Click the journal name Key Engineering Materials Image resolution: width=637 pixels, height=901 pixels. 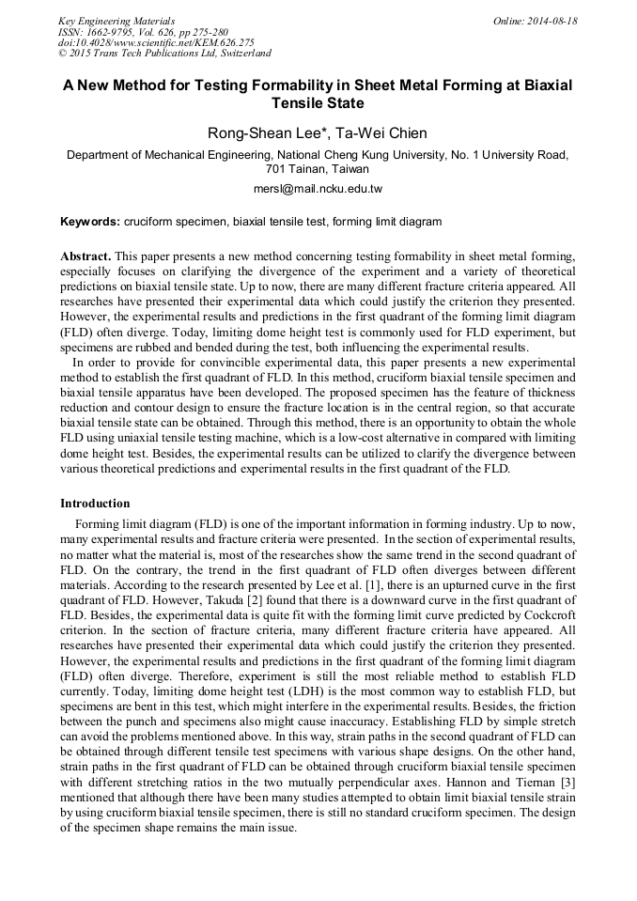coord(116,21)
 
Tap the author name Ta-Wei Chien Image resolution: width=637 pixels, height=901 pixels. coord(375,133)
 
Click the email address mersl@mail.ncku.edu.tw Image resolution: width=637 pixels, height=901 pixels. coord(318,189)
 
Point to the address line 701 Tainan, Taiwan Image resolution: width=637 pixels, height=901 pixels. coord(318,169)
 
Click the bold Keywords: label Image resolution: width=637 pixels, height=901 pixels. coord(90,223)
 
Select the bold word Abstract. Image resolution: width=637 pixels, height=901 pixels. coord(85,256)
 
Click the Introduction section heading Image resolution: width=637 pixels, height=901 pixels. coord(95,505)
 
